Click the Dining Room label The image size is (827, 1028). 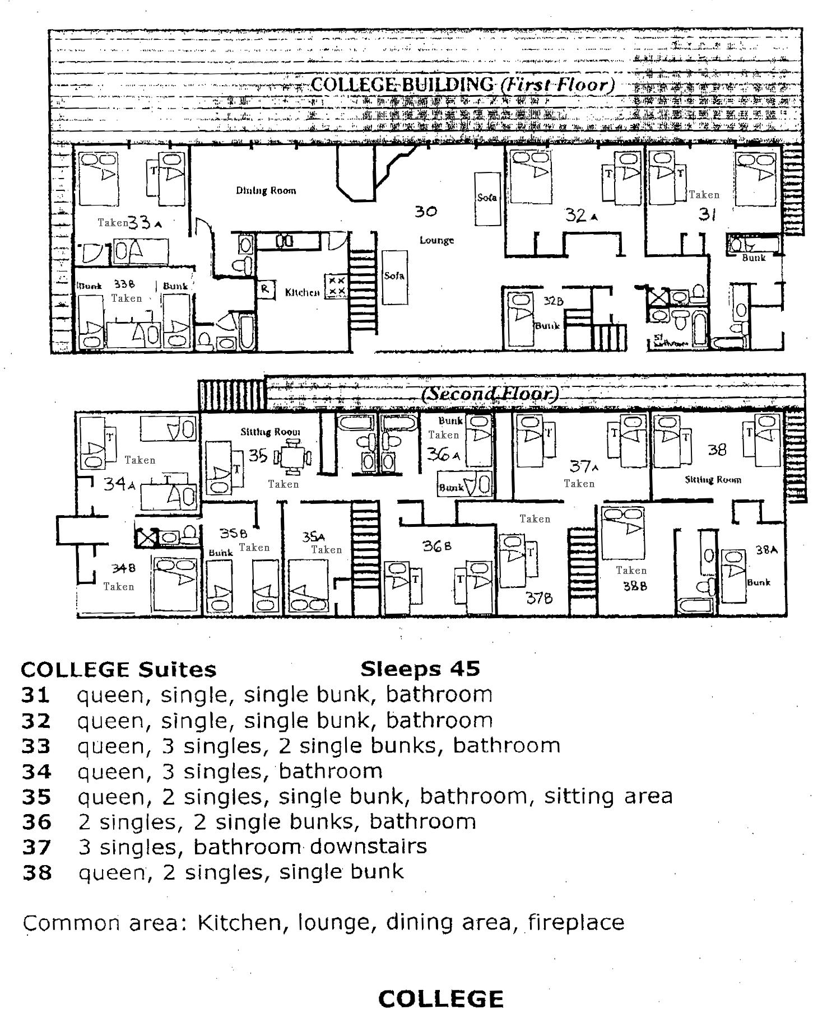pos(266,190)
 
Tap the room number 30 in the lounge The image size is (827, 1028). pos(426,212)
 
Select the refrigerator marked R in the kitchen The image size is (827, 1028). pos(265,289)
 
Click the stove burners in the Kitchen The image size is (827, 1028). pos(337,286)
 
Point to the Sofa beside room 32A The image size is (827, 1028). pos(487,198)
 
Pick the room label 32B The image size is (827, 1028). pos(553,301)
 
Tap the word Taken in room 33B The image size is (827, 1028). pos(127,298)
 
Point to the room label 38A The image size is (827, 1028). pos(766,550)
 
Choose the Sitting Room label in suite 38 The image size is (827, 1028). pos(713,479)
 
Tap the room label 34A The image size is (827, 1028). pos(119,483)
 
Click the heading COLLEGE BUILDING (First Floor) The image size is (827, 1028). pos(462,85)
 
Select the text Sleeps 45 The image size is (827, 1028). pos(420,669)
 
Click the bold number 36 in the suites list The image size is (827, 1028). pos(36,822)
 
